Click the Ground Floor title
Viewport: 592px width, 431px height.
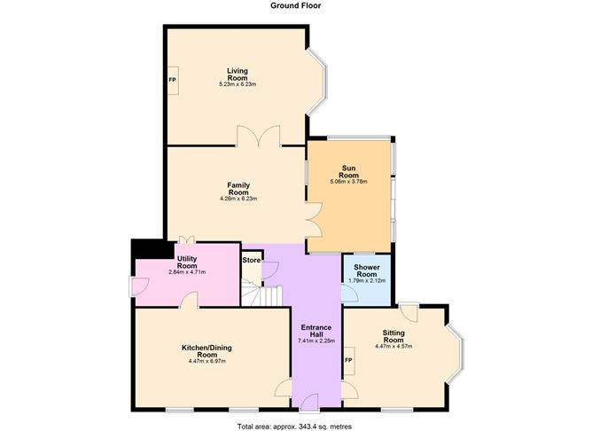[295, 5]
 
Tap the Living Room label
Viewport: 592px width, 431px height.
[237, 74]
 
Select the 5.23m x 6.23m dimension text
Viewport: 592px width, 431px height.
[237, 84]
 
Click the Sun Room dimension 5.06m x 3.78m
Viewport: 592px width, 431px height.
[348, 181]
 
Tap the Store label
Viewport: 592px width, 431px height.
[252, 260]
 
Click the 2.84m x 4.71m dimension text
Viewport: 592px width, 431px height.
[186, 271]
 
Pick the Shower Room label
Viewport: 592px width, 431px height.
[367, 270]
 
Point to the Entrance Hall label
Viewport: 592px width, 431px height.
[315, 328]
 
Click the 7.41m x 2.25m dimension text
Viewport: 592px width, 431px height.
[315, 340]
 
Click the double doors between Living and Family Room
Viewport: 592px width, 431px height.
[258, 137]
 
